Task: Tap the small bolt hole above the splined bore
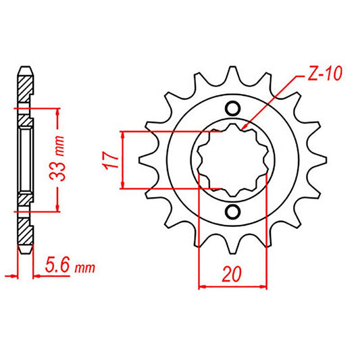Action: click(x=232, y=108)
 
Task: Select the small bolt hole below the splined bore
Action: click(x=232, y=213)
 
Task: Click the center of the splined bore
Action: click(x=232, y=160)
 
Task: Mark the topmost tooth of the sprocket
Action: click(x=232, y=74)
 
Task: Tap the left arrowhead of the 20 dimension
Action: click(x=202, y=287)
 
